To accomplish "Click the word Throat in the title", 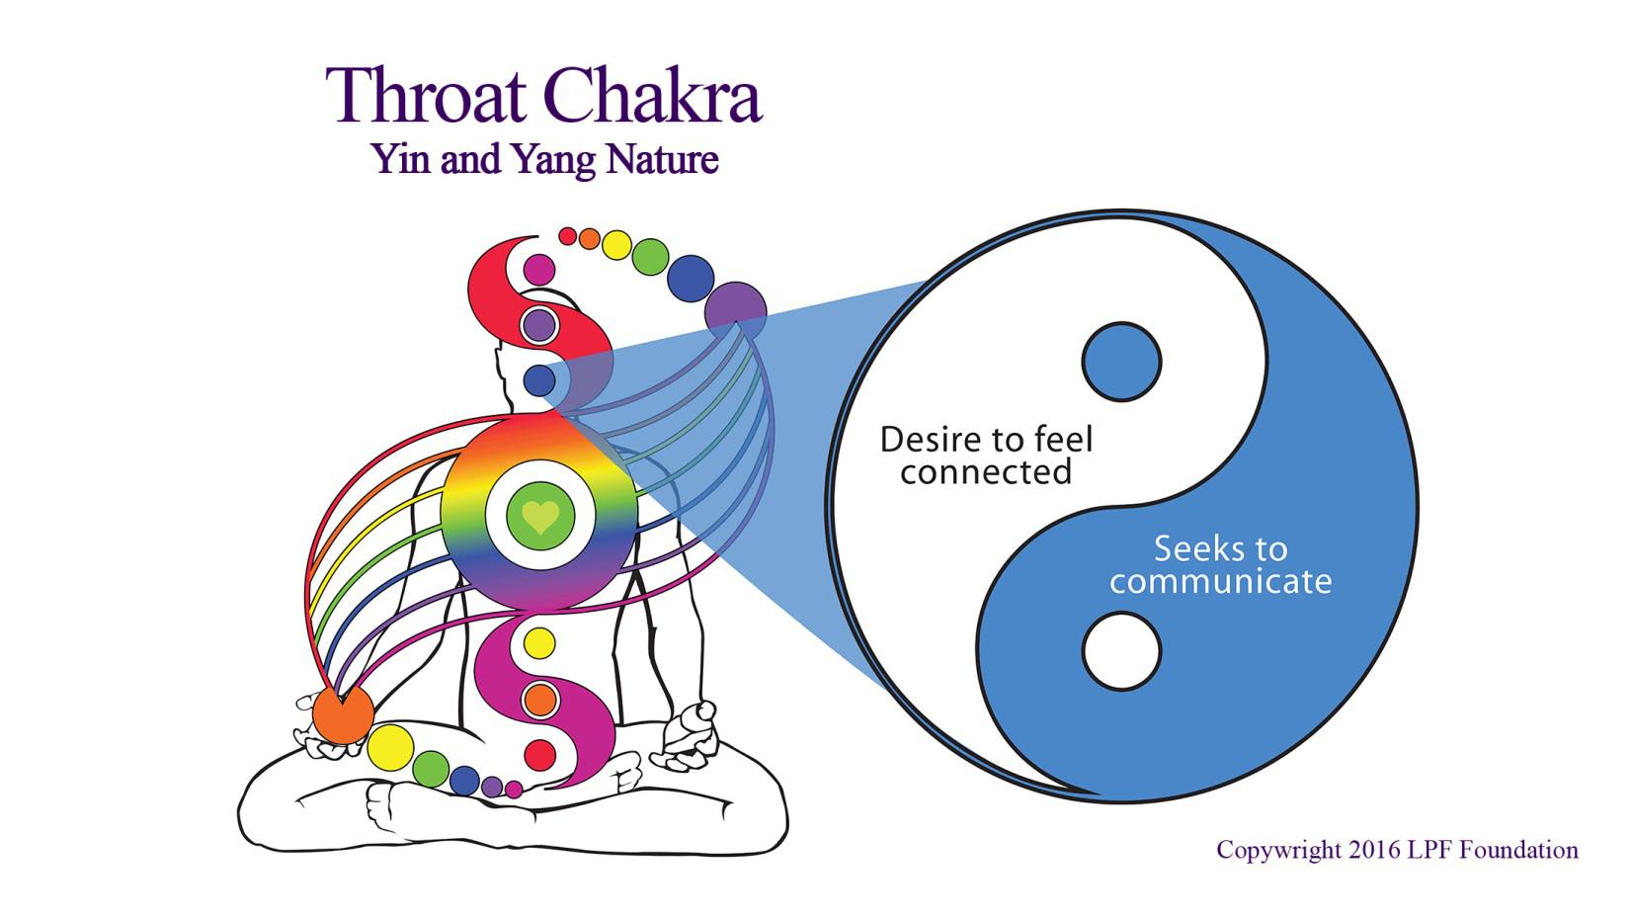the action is tap(426, 96).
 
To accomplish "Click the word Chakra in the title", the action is tap(653, 96).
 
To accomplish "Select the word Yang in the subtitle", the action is tap(553, 160).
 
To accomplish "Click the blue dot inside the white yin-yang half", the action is tap(1121, 362).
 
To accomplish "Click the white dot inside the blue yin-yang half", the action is tap(1121, 651).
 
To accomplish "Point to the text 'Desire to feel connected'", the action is tap(987, 456).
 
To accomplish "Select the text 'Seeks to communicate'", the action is tap(1220, 565).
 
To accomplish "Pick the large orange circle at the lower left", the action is tap(343, 714).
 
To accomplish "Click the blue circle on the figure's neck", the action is tap(539, 381).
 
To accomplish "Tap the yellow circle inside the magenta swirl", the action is tap(539, 642).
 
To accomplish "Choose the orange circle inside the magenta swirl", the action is tap(539, 701).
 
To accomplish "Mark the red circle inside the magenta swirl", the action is tap(539, 755).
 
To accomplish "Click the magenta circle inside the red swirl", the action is tap(539, 270).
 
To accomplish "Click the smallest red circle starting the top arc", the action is tap(568, 236).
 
